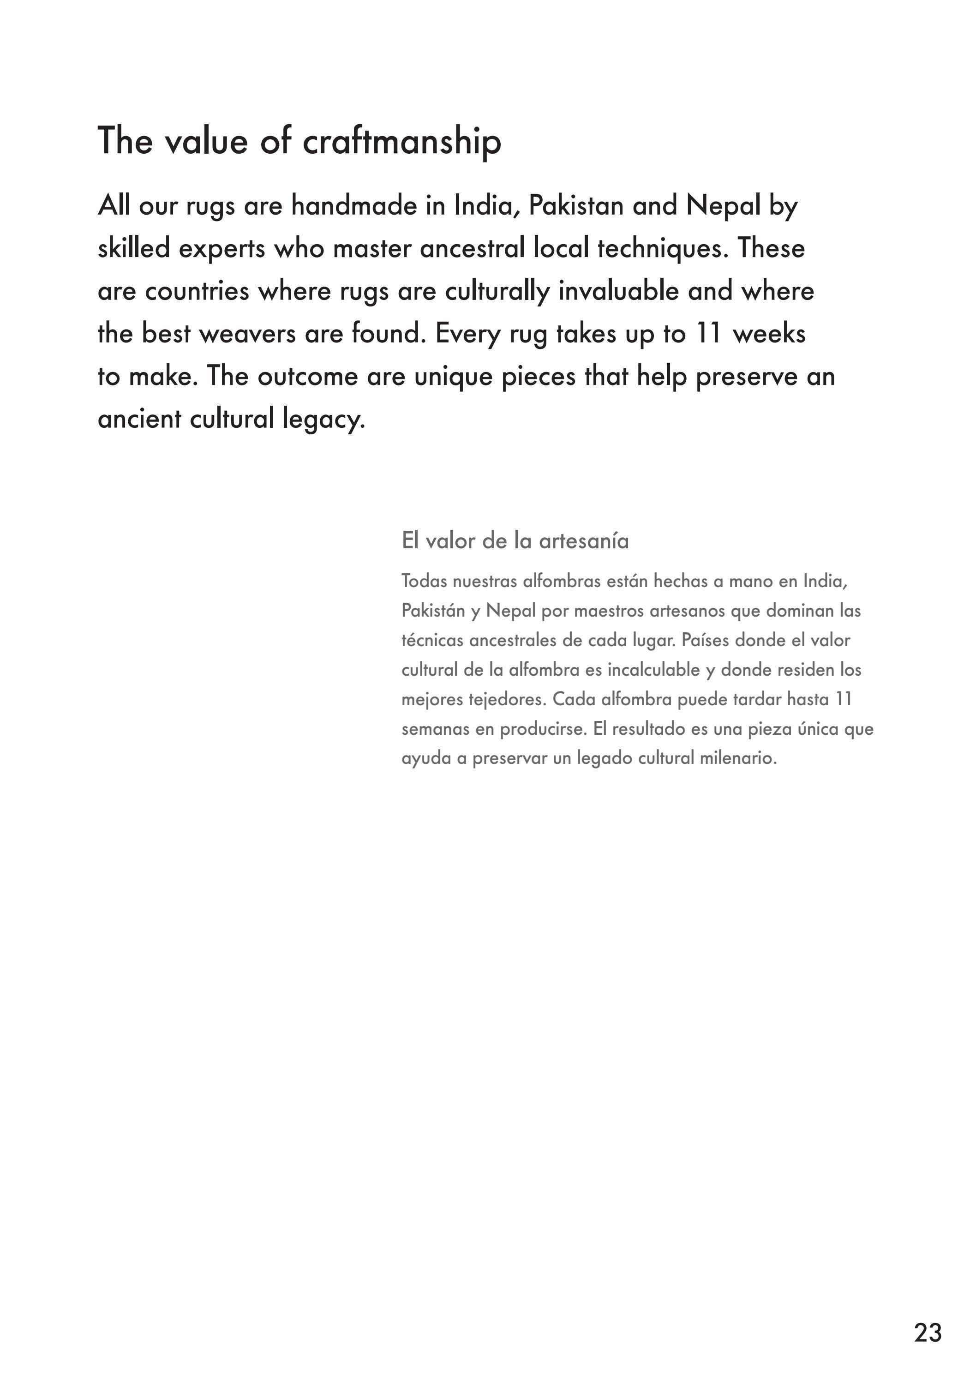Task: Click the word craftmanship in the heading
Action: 401,142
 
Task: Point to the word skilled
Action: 134,248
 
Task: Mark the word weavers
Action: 247,334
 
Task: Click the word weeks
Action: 769,334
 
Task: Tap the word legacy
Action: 323,420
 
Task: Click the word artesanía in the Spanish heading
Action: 584,541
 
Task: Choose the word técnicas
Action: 432,640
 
